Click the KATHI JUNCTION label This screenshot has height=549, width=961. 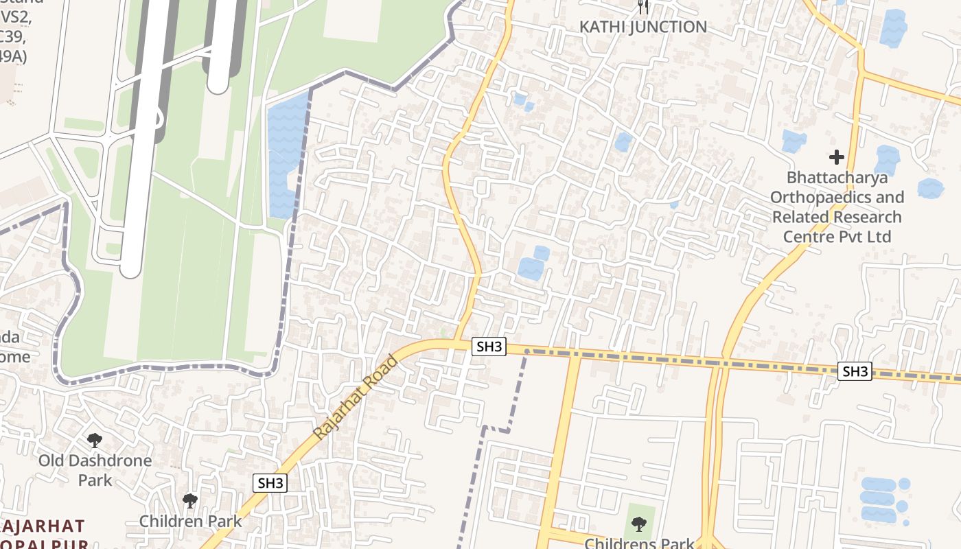643,27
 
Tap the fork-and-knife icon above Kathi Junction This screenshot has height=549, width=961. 643,7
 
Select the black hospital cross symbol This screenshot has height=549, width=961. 836,157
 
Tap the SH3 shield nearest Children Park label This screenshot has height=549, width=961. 270,483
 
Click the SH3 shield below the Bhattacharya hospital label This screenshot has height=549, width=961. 855,372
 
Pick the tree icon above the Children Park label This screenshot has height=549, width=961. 190,501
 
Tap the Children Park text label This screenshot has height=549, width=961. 191,521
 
